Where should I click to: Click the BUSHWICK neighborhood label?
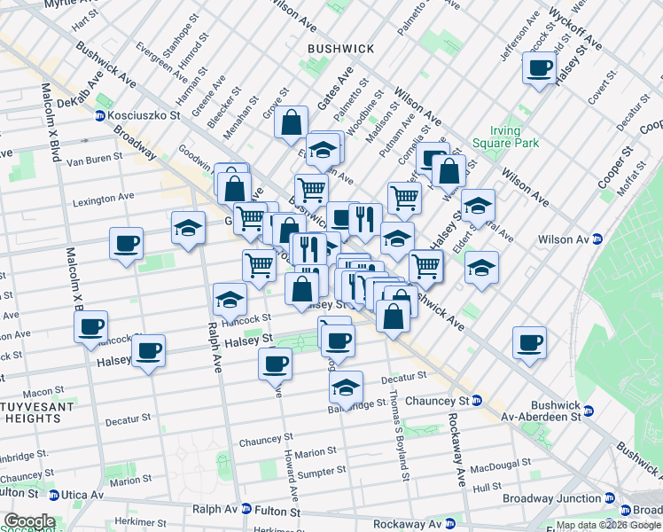(x=339, y=48)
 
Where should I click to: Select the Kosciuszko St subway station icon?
(x=101, y=115)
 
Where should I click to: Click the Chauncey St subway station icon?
(x=477, y=401)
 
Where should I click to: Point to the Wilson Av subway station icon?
(x=597, y=239)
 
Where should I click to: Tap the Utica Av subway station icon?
(x=54, y=495)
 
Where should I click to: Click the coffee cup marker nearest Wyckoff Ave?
(x=538, y=68)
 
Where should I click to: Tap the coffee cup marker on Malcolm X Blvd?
(x=90, y=326)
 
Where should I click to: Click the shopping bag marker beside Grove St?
(x=291, y=121)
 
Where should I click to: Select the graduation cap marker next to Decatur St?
(x=346, y=386)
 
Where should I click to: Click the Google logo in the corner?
(x=29, y=521)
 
